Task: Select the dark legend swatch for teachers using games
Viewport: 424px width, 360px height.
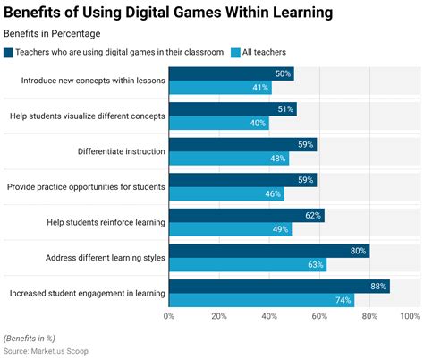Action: click(x=9, y=53)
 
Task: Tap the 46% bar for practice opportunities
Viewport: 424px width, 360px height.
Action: click(x=226, y=193)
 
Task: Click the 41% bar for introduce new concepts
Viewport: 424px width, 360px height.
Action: click(x=220, y=88)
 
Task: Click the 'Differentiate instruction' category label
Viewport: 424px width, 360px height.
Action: click(x=115, y=151)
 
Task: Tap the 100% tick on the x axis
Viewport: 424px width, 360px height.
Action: click(x=410, y=316)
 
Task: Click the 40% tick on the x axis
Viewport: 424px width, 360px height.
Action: click(x=266, y=316)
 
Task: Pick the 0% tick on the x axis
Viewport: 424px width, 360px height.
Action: click(x=170, y=316)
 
